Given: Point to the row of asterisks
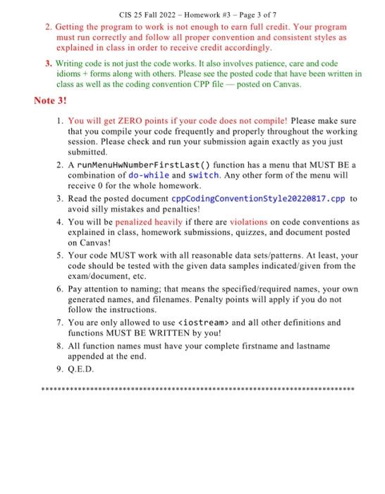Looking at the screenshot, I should coord(198,389).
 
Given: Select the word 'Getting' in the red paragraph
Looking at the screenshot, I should coord(69,26).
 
